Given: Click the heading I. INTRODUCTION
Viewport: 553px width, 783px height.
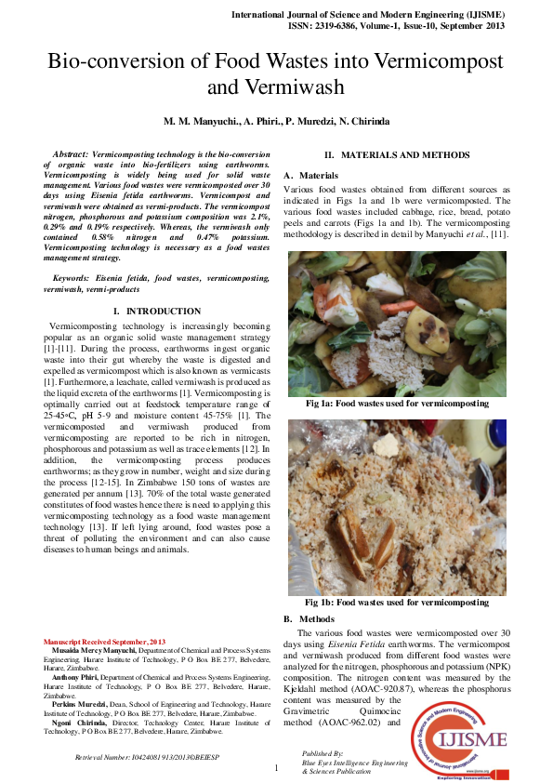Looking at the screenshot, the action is [156, 311].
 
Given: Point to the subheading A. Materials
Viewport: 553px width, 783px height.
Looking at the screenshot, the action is [311, 176].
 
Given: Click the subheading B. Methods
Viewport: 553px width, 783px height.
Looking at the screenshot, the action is [309, 618].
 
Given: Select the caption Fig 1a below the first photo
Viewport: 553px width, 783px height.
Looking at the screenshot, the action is [397, 405].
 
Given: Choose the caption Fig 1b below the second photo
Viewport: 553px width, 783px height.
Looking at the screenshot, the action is [397, 603].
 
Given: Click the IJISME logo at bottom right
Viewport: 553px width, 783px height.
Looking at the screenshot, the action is [467, 739].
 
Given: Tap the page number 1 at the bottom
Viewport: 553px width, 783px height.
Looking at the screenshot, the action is [276, 768].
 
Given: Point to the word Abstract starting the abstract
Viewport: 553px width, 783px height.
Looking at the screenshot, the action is [71, 153].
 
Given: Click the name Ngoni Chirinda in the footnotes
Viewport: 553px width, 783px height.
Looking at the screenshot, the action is [80, 722].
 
